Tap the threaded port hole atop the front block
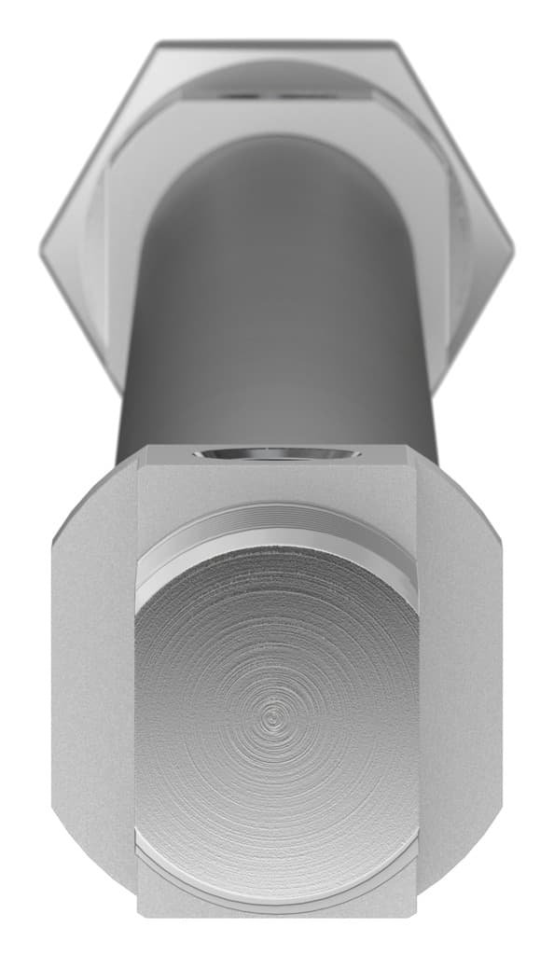click(276, 454)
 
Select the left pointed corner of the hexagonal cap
click(43, 249)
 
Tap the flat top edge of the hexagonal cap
click(276, 44)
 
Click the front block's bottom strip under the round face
click(276, 903)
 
